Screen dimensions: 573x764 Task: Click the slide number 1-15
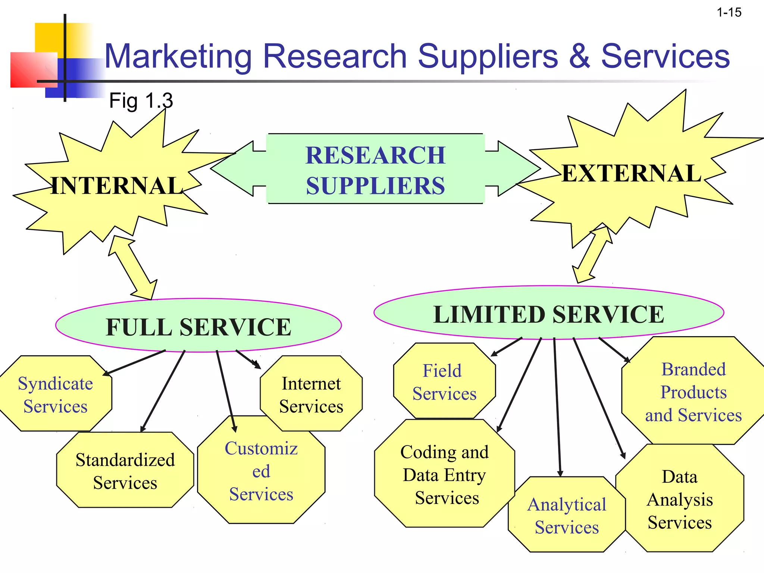pyautogui.click(x=729, y=13)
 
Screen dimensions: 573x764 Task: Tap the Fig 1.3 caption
pyautogui.click(x=141, y=101)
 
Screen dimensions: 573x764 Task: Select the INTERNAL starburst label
pyautogui.click(x=116, y=186)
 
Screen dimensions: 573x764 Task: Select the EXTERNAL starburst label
pyautogui.click(x=631, y=173)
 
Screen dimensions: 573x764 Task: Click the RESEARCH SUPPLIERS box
pyautogui.click(x=375, y=170)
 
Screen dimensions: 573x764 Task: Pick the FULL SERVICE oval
pyautogui.click(x=198, y=326)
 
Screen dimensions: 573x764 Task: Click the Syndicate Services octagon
pyautogui.click(x=55, y=395)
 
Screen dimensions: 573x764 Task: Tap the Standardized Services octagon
pyautogui.click(x=125, y=471)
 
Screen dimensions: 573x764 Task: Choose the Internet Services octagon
pyautogui.click(x=311, y=395)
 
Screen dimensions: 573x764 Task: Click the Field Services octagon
pyautogui.click(x=444, y=382)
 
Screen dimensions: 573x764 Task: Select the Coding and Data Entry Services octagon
pyautogui.click(x=444, y=475)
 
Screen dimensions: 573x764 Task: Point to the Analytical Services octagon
pyautogui.click(x=566, y=516)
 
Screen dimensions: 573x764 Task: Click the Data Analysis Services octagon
pyautogui.click(x=680, y=499)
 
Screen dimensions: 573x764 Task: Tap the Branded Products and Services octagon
pyautogui.click(x=693, y=392)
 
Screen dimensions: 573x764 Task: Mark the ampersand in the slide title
pyautogui.click(x=579, y=57)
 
